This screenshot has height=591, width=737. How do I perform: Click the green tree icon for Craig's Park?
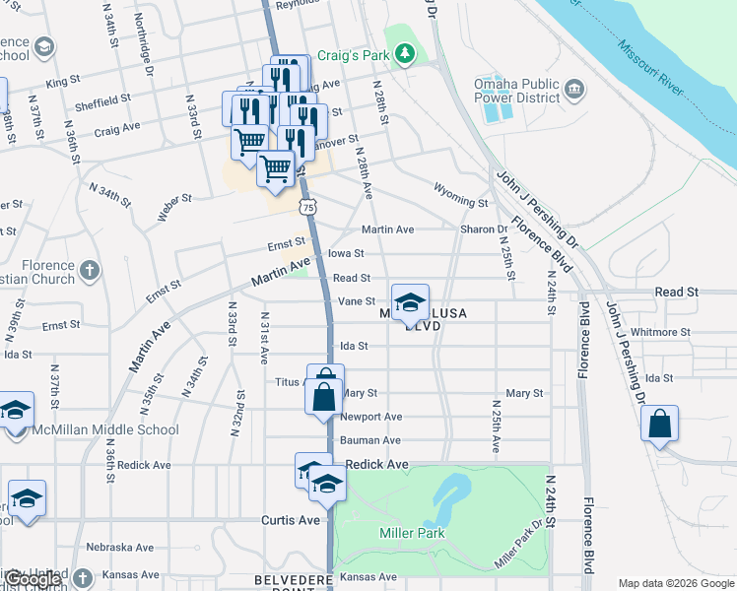(403, 55)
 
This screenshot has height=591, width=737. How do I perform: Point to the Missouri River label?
(649, 68)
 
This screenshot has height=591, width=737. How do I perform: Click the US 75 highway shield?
(310, 207)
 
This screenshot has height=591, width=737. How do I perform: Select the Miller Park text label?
(412, 533)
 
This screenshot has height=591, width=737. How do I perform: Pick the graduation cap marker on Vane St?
(411, 302)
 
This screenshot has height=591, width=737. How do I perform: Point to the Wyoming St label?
(461, 195)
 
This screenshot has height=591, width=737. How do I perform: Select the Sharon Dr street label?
(483, 230)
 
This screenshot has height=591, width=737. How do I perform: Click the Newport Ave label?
(370, 417)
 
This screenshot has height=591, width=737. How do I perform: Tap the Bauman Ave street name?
(370, 440)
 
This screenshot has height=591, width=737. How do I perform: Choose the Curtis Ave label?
(291, 519)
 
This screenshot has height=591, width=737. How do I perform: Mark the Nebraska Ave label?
(119, 547)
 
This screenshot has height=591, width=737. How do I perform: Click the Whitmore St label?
(659, 332)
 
